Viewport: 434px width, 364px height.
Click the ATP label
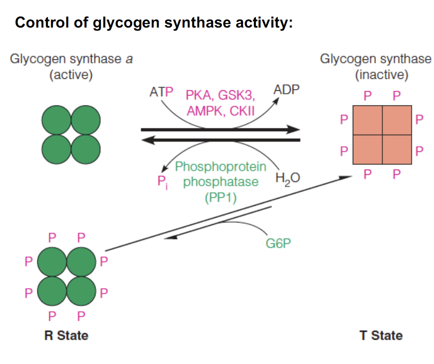pyautogui.click(x=161, y=92)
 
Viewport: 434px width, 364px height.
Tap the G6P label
pyautogui.click(x=278, y=244)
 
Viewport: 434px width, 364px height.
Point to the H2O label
pyautogui.click(x=287, y=179)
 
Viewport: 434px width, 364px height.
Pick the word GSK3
pyautogui.click(x=236, y=95)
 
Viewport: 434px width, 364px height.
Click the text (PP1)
pyautogui.click(x=220, y=197)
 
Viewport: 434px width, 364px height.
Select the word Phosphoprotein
pyautogui.click(x=220, y=167)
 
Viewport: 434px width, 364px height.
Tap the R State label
pyautogui.click(x=66, y=335)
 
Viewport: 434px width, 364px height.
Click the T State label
pyautogui.click(x=381, y=335)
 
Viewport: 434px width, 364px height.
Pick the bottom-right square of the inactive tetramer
pyautogui.click(x=397, y=150)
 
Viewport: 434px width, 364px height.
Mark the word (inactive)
pyautogui.click(x=381, y=75)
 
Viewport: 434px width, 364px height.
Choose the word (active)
pyautogui.click(x=71, y=75)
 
